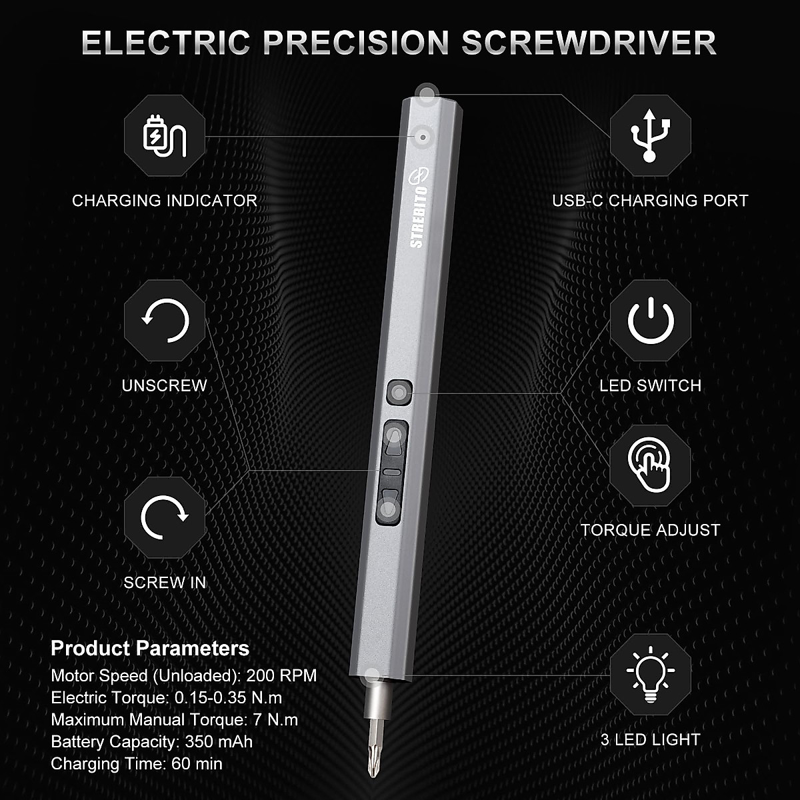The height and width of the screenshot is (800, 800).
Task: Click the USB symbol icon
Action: point(650,135)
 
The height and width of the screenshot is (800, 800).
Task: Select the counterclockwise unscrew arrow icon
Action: point(165,321)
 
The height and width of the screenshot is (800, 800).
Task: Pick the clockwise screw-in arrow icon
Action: point(165,517)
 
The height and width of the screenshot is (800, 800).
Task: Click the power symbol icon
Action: point(651,321)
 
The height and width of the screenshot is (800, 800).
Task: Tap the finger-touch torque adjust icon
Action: point(651,464)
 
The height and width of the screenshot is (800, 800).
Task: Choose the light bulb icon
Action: point(651,675)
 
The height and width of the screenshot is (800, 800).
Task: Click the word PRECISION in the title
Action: point(356,43)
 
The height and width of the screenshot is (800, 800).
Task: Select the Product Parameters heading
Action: point(150,648)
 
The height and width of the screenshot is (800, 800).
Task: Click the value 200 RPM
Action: point(281,675)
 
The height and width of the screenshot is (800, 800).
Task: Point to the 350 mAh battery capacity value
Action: point(219,741)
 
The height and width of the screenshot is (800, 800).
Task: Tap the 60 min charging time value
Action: point(197,763)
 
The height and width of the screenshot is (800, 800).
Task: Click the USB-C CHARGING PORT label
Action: point(650,201)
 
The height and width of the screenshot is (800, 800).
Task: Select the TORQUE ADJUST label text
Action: point(650,530)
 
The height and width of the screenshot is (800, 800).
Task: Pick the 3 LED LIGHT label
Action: point(650,739)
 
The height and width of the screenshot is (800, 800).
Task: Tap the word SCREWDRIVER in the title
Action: point(589,43)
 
